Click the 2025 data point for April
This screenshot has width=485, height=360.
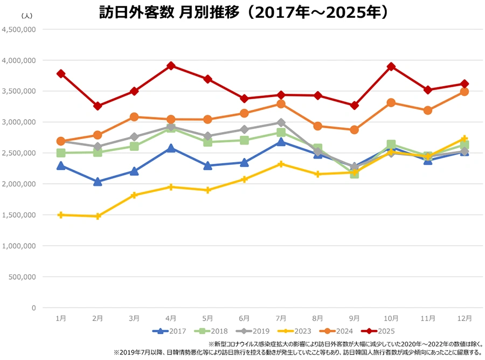(x=171, y=66)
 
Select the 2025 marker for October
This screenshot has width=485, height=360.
(x=391, y=67)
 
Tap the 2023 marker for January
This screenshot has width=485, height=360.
(x=61, y=214)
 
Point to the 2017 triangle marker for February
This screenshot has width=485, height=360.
(x=98, y=182)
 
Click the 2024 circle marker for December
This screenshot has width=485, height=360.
(x=464, y=92)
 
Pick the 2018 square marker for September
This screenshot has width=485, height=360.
(x=354, y=174)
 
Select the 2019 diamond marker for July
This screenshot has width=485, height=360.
(x=281, y=122)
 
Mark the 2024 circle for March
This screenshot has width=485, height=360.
(x=134, y=117)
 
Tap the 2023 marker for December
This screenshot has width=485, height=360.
(x=464, y=139)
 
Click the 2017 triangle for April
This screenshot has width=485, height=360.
(x=171, y=148)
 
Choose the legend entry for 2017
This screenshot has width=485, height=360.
(x=168, y=331)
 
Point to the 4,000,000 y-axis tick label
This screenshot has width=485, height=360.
(x=20, y=60)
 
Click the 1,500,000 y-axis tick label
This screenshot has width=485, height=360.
(x=20, y=215)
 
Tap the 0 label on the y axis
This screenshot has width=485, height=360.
(x=33, y=308)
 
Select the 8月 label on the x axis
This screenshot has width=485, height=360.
(x=317, y=319)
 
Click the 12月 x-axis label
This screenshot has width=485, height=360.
(x=464, y=319)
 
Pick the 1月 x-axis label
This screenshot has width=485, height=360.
(x=61, y=319)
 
